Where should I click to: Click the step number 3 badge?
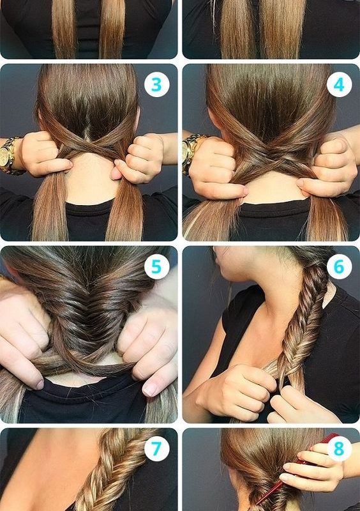[157, 85]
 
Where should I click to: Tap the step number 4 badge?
[339, 85]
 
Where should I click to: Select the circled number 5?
[157, 267]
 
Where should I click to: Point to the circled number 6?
[339, 267]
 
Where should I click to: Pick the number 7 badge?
[157, 449]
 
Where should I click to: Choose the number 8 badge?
[339, 449]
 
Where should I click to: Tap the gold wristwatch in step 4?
[191, 154]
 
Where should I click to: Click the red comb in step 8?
[287, 469]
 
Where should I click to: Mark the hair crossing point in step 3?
[89, 146]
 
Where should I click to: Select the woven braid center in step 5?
[89, 313]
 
